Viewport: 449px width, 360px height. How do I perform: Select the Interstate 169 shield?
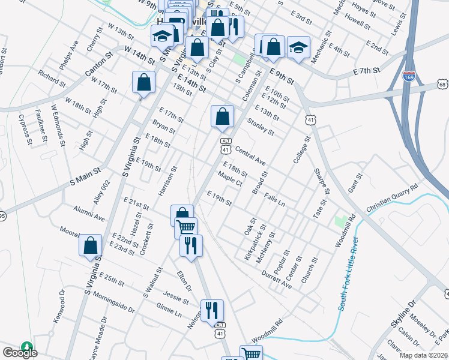(408, 76)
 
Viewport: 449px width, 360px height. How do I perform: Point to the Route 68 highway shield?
(442, 85)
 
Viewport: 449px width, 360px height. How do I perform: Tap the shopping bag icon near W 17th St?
(143, 82)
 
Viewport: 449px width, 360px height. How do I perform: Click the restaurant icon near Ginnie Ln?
(212, 310)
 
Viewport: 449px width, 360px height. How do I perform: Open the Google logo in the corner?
(19, 353)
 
